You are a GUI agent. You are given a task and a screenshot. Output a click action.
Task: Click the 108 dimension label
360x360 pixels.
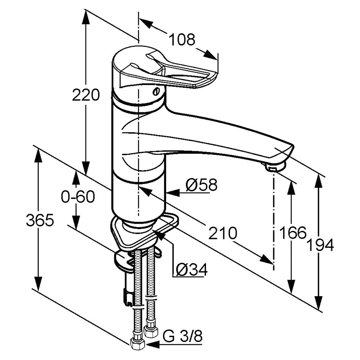(182, 40)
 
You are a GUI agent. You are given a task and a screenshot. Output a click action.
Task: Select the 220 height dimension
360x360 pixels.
(86, 95)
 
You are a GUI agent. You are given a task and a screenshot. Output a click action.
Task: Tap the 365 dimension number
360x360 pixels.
(40, 220)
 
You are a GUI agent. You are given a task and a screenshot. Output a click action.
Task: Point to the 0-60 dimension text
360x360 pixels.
(78, 197)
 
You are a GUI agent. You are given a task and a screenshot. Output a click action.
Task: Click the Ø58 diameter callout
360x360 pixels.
(201, 185)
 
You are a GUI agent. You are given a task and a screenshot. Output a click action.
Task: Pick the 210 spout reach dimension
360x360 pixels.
(222, 233)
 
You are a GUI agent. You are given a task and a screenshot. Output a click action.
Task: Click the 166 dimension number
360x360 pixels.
(293, 232)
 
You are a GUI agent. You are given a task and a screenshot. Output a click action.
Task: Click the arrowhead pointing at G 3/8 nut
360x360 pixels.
(152, 344)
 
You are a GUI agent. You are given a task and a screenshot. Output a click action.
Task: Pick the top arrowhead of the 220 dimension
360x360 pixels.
(86, 17)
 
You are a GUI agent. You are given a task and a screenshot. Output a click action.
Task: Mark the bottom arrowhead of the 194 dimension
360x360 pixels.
(319, 303)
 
